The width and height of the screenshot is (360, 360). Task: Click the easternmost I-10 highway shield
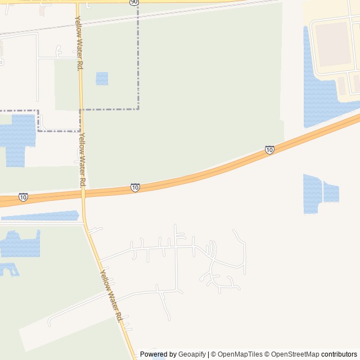click(x=269, y=150)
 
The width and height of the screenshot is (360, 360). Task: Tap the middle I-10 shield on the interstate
click(x=135, y=187)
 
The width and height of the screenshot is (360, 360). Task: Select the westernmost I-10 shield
click(x=23, y=197)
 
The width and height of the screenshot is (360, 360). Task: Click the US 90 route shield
click(x=133, y=2)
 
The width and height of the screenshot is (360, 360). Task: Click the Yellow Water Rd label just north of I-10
click(x=82, y=160)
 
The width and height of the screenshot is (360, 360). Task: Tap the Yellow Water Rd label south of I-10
click(x=111, y=295)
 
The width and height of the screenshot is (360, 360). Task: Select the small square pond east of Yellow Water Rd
click(x=102, y=78)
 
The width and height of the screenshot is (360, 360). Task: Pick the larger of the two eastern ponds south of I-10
click(x=312, y=193)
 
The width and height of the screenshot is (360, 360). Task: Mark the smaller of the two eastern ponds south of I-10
click(x=331, y=193)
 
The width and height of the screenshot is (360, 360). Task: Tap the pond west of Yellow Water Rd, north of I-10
click(x=17, y=138)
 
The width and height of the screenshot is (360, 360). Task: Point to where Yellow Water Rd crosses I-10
click(x=83, y=192)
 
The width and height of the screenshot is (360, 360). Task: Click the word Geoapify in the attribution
click(x=192, y=354)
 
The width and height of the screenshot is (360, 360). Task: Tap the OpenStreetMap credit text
click(x=292, y=354)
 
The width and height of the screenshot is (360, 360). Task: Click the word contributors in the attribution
click(x=339, y=354)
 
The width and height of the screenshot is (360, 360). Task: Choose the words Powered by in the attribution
click(x=158, y=354)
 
